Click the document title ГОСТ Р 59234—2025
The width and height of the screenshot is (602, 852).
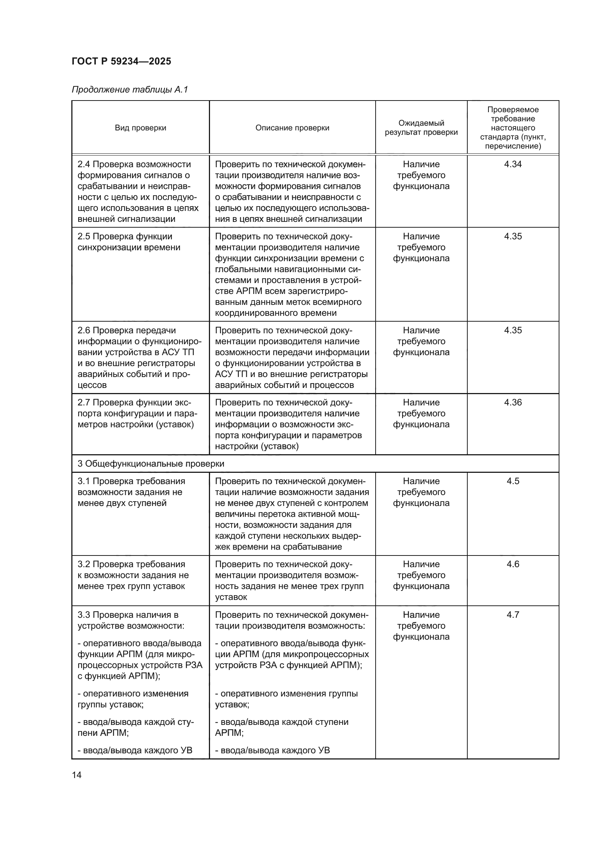[121, 61]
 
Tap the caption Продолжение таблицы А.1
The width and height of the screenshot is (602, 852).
[130, 90]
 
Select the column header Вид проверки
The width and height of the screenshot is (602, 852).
[140, 127]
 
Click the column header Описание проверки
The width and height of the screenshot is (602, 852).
[292, 127]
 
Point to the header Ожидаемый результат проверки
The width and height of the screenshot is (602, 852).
[421, 127]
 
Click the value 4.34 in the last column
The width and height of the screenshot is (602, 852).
[513, 164]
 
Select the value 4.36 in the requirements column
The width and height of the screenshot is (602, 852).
[513, 402]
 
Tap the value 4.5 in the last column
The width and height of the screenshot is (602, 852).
[513, 481]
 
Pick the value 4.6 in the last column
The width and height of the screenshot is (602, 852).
[513, 564]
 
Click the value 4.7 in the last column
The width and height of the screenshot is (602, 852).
[513, 615]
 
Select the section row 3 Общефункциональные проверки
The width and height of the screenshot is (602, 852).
[151, 463]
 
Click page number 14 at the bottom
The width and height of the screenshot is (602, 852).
[77, 775]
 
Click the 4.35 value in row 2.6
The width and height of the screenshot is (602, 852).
[513, 330]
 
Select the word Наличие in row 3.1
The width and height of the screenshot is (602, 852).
[421, 481]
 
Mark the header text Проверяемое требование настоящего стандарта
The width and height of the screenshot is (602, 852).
[513, 123]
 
